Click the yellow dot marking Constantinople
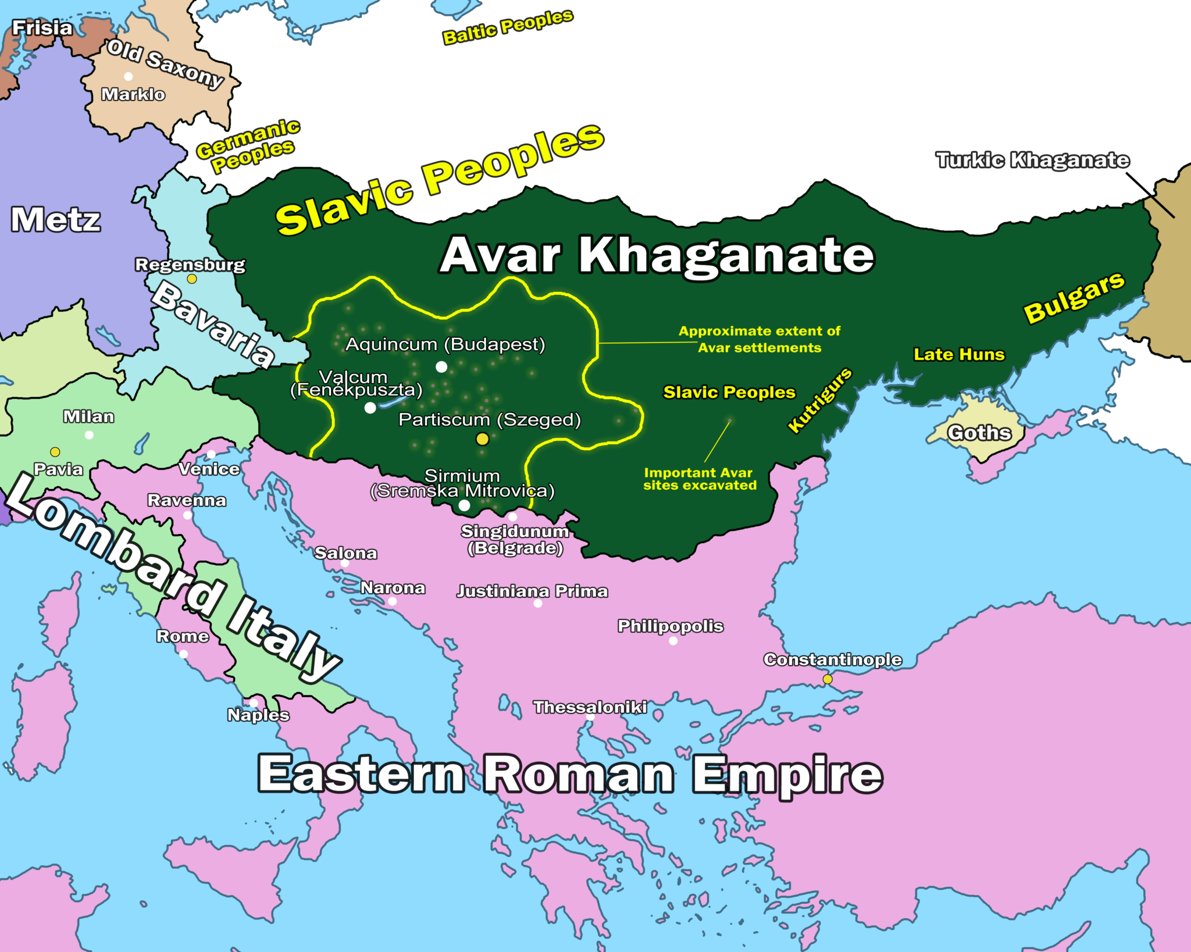(828, 679)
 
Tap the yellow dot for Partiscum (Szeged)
(482, 439)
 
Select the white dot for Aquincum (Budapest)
(441, 367)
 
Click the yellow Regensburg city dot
(192, 279)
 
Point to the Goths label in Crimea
(979, 433)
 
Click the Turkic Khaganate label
(1032, 160)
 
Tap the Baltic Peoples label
(508, 27)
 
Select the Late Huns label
(959, 354)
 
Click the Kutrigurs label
(819, 400)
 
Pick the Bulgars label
(1074, 297)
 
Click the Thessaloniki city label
(590, 707)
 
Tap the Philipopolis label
(670, 626)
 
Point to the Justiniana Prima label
(532, 591)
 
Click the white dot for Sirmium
(464, 505)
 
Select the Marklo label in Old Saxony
(133, 94)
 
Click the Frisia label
(42, 27)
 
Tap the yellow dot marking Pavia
(55, 452)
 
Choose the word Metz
(56, 220)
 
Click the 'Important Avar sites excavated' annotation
(700, 479)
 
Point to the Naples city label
(258, 715)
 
